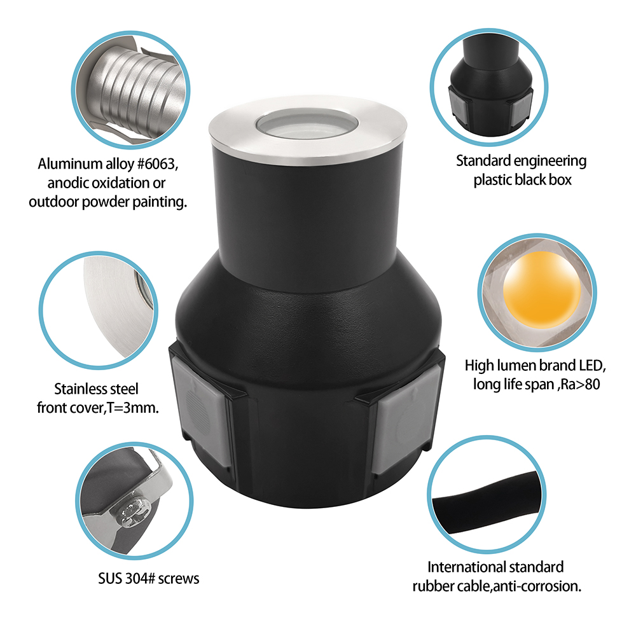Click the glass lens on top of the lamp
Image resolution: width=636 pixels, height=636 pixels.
(x=307, y=125)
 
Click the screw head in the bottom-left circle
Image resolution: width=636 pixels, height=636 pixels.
(x=134, y=514)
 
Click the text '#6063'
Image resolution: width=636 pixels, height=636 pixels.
(x=158, y=164)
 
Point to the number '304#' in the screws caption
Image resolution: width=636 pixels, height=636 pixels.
(x=140, y=578)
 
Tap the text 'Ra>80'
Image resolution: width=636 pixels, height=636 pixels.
(x=580, y=384)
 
